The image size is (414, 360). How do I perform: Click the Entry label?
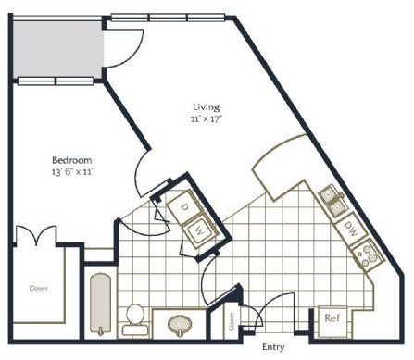click(x=272, y=347)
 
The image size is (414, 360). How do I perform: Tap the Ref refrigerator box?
click(x=332, y=318)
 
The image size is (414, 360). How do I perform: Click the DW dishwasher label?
click(x=351, y=226)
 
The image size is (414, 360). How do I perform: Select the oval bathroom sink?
click(x=179, y=324)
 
